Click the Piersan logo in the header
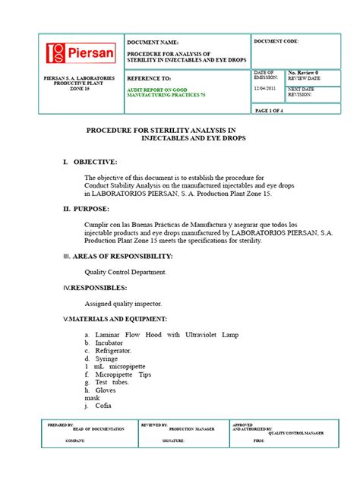point(81,53)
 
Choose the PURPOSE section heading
point(90,207)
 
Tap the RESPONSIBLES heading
point(100,288)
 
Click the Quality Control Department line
point(125,271)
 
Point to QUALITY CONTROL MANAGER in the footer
point(296,433)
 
